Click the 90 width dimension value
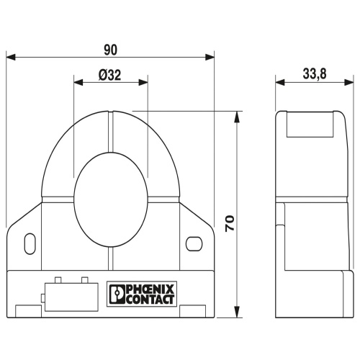(x=111, y=50)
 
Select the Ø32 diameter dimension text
(x=109, y=76)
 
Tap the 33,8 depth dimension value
(x=315, y=73)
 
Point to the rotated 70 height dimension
(x=230, y=223)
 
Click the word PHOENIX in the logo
(x=150, y=289)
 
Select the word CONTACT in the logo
(x=150, y=300)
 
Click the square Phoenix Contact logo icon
(x=117, y=294)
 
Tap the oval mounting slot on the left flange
(x=30, y=243)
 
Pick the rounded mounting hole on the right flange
(x=194, y=243)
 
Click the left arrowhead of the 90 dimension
(x=11, y=58)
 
